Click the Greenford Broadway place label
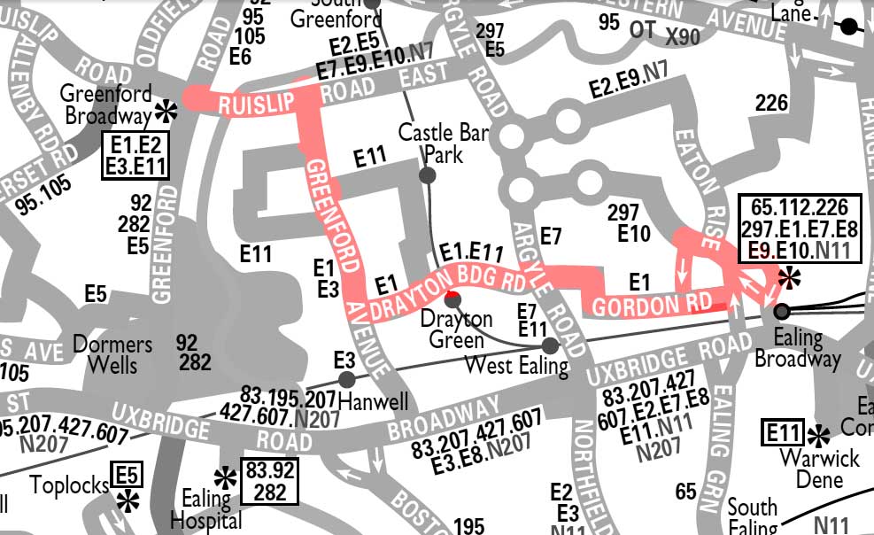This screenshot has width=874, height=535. tap(107, 105)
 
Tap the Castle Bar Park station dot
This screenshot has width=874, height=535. tap(427, 175)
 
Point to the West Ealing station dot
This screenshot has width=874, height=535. tap(550, 345)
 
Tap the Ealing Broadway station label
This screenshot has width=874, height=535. tap(798, 348)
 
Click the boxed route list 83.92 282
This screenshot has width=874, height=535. tap(270, 479)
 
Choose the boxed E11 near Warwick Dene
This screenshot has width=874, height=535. tap(784, 434)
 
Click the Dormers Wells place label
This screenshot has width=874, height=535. tap(112, 354)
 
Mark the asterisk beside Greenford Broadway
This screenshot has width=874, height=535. tap(165, 111)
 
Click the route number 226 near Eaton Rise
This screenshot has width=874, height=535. tap(770, 105)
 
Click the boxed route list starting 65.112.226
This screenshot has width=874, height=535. tap(805, 228)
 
